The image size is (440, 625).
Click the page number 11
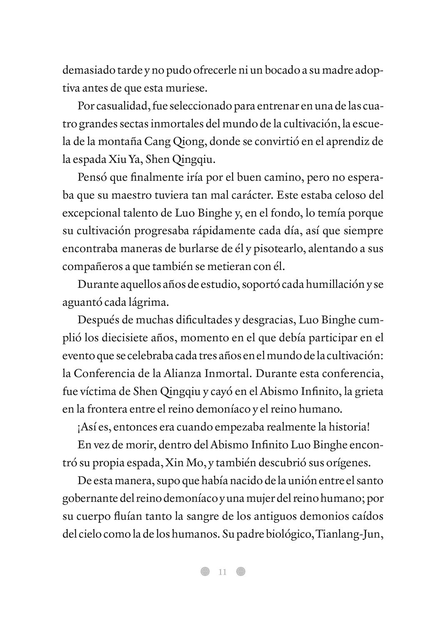click(222, 572)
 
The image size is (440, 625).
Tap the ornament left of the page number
click(205, 571)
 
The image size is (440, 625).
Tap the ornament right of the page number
click(241, 571)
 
